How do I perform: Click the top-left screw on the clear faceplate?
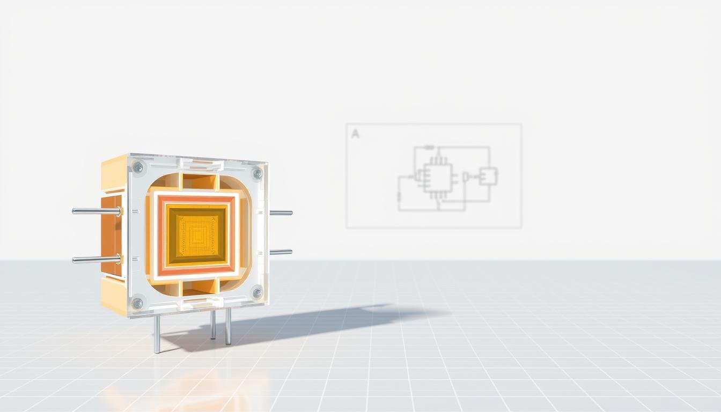point(138,167)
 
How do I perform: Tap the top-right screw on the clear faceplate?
point(257,173)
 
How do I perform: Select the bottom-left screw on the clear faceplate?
point(137,303)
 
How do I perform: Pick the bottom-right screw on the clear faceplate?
point(257,293)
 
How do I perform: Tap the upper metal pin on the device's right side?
point(281,213)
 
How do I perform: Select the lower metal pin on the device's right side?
point(281,252)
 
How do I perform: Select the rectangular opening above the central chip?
point(199,181)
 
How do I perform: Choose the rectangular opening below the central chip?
point(199,287)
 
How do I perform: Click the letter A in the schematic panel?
point(355,134)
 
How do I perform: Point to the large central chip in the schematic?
point(437,178)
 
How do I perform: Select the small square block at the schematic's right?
point(488,176)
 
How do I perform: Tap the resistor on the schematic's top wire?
point(429,147)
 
